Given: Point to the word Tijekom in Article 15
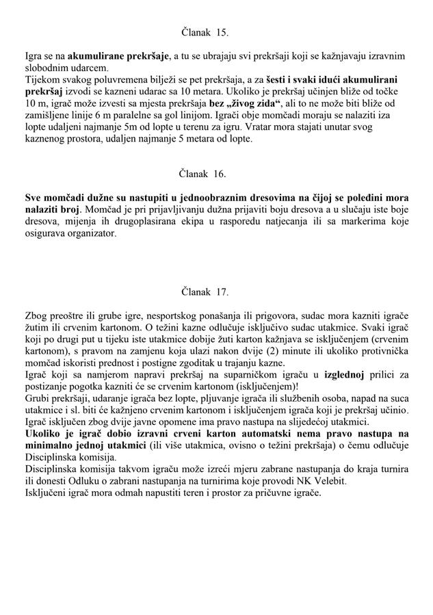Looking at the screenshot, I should pyautogui.click(x=39, y=79).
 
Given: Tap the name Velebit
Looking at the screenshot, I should pyautogui.click(x=329, y=480).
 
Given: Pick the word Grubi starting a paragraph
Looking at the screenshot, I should pyautogui.click(x=36, y=397).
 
